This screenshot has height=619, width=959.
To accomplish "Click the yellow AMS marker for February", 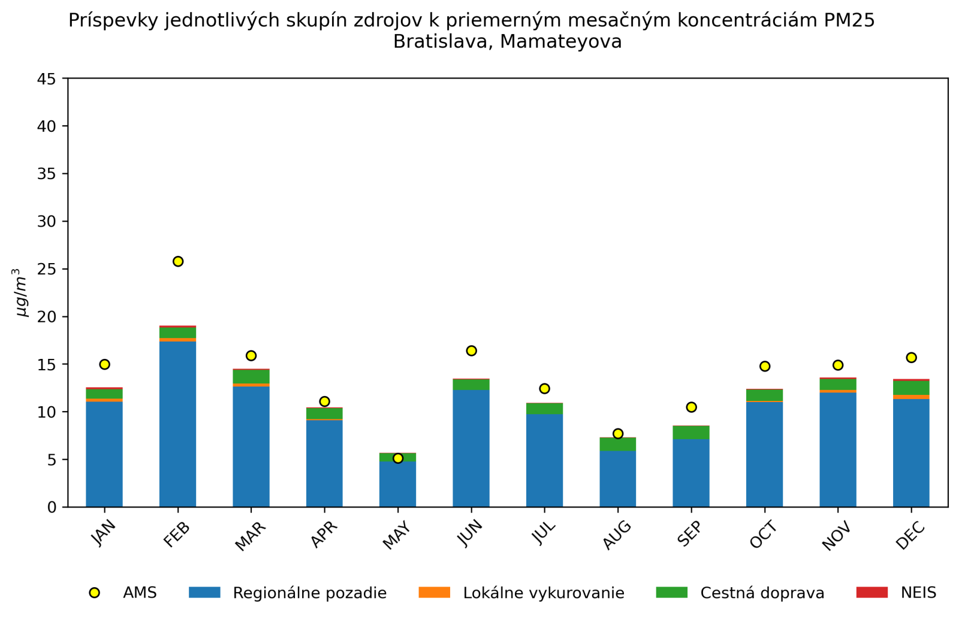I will point(178,261).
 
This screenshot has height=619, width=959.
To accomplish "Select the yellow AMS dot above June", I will point(471,351).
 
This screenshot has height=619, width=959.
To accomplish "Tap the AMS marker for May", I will point(398,458).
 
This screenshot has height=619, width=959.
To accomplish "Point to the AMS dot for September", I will point(691,407).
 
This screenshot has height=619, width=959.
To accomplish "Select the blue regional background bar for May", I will point(398,484).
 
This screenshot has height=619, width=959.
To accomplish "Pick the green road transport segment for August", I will point(618,444).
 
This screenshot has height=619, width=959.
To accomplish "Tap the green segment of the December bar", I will point(911,388).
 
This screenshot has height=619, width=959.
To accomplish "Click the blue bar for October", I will point(764,454).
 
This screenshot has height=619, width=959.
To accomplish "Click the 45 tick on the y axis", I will point(48,79).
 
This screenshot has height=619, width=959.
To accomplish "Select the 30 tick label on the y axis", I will point(48,222).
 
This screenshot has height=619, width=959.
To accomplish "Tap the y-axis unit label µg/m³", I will point(21,292).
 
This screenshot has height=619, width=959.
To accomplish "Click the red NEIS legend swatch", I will point(871,593).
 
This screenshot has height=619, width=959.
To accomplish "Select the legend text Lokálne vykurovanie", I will point(544,593).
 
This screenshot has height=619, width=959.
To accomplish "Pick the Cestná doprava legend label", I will point(762,593).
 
